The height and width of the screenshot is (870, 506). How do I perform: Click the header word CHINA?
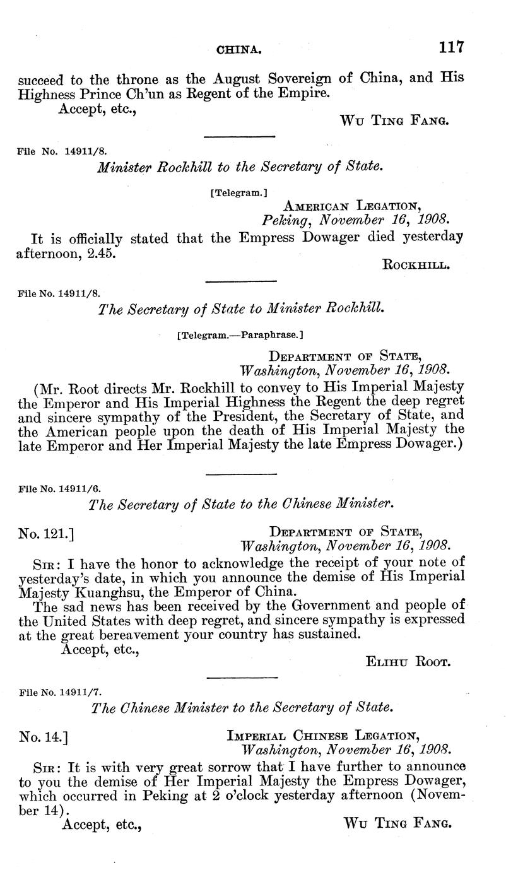(x=240, y=49)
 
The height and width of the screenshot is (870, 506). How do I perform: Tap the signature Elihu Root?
(x=407, y=661)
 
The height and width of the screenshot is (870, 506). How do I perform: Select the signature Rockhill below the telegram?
(x=416, y=265)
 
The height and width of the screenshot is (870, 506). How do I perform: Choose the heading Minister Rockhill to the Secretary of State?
(x=240, y=167)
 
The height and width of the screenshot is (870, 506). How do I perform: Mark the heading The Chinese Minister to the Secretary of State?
(x=240, y=708)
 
